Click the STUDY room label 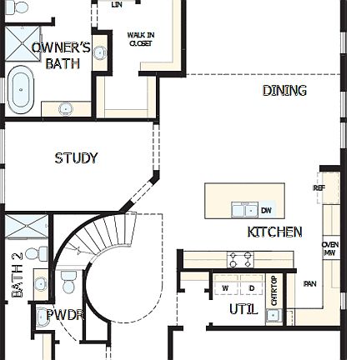click(76, 158)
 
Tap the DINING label click(284, 90)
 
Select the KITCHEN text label click(274, 232)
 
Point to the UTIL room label click(243, 309)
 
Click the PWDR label click(63, 316)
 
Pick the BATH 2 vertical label click(17, 276)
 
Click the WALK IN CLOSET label click(140, 39)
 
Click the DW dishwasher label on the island click(266, 210)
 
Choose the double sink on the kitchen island click(244, 209)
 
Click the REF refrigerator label click(318, 188)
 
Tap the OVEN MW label click(330, 248)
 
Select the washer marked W click(225, 287)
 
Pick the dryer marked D click(251, 287)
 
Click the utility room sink click(273, 315)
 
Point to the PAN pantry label click(310, 284)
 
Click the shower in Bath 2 click(24, 227)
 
